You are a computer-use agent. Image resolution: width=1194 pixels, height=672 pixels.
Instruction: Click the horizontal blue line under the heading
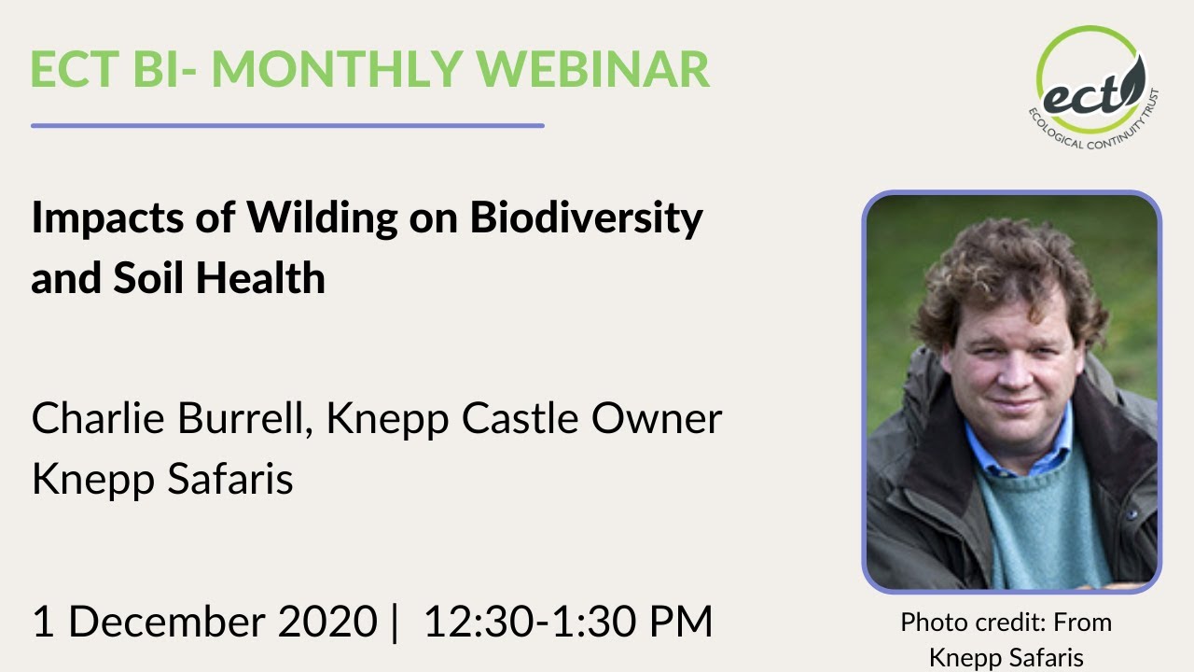tap(287, 125)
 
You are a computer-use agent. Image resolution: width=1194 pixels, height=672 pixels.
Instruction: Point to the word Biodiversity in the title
tap(586, 218)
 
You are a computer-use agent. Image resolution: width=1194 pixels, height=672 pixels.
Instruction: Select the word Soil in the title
tap(152, 278)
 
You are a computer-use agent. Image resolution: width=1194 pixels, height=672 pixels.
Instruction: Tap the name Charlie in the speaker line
tap(98, 419)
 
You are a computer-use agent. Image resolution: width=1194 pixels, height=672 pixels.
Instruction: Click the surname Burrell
tap(245, 419)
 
